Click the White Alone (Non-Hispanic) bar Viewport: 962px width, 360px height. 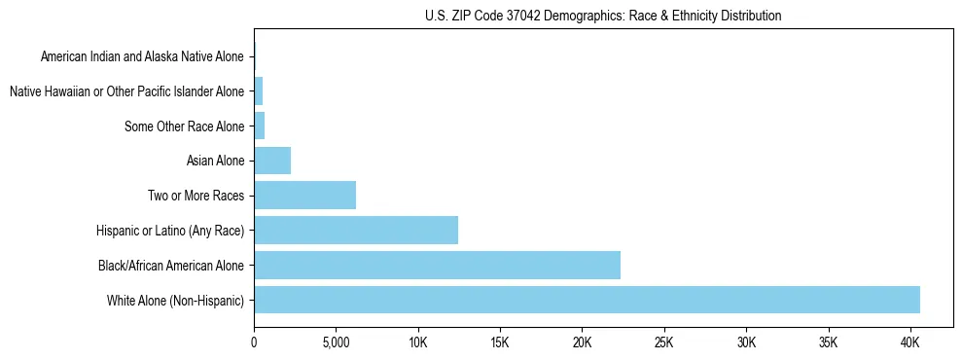click(x=587, y=300)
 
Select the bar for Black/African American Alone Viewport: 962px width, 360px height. click(x=437, y=265)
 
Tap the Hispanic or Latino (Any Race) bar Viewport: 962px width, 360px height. click(x=356, y=230)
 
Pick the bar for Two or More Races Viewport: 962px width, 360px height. click(x=304, y=195)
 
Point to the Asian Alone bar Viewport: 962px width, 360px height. click(x=272, y=161)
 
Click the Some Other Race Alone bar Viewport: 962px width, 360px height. click(x=259, y=126)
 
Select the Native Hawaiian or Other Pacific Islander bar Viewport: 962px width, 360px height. click(x=258, y=91)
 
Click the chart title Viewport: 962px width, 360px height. click(x=603, y=16)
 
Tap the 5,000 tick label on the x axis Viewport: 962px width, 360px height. click(x=336, y=342)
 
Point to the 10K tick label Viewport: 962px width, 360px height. click(x=418, y=342)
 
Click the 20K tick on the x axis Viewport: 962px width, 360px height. click(x=582, y=342)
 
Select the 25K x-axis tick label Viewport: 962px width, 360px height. click(x=664, y=342)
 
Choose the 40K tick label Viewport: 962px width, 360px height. click(x=910, y=342)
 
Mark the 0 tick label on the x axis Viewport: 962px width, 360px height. click(x=254, y=342)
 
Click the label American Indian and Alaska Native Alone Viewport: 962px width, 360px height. click(x=142, y=57)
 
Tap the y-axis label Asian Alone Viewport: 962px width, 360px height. click(x=215, y=161)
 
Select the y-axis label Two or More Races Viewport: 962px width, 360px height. click(x=196, y=196)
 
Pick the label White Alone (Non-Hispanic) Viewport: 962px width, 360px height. click(x=175, y=301)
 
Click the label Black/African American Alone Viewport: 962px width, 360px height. click(x=171, y=266)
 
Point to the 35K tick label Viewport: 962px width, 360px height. click(x=828, y=342)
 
